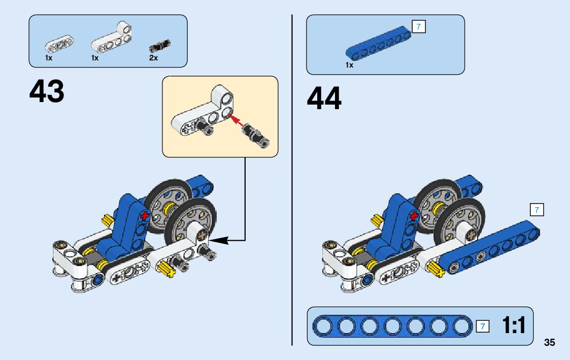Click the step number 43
pyautogui.click(x=47, y=92)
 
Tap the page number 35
pyautogui.click(x=549, y=342)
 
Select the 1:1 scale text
pyautogui.click(x=514, y=325)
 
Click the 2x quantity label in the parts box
pyautogui.click(x=153, y=58)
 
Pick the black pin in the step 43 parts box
pyautogui.click(x=159, y=46)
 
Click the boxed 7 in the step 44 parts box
pyautogui.click(x=419, y=26)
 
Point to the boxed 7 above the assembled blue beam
pyautogui.click(x=537, y=209)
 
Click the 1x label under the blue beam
pyautogui.click(x=349, y=65)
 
